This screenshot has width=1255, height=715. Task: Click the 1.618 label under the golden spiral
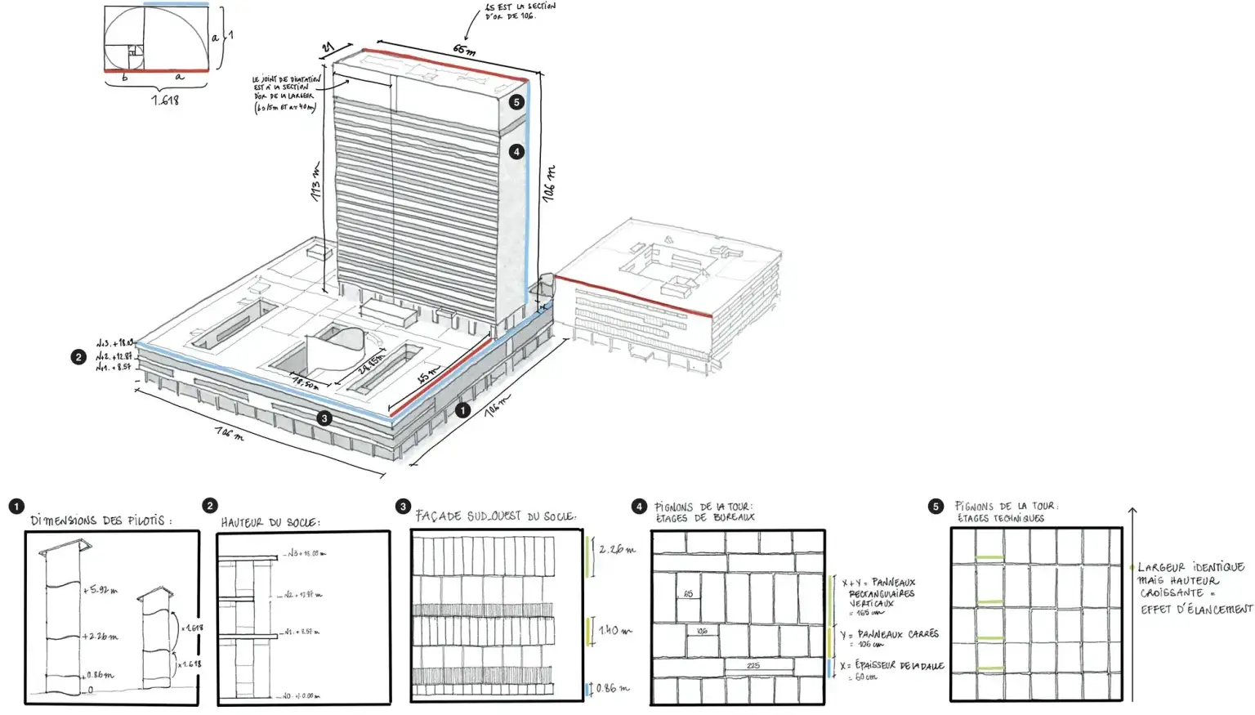[x=165, y=101]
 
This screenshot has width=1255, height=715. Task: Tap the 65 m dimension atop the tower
[x=464, y=50]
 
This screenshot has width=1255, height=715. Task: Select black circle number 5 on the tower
[x=516, y=102]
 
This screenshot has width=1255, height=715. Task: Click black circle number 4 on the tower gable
[x=516, y=151]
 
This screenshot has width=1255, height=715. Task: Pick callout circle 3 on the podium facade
[x=324, y=418]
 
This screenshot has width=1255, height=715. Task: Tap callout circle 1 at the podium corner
[x=462, y=409]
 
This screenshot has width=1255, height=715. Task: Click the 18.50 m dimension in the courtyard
[x=306, y=382]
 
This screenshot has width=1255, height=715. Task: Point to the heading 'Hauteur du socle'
[x=270, y=522]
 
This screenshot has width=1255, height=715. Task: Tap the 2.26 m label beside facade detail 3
[x=617, y=549]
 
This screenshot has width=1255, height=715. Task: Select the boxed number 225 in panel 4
[x=753, y=665]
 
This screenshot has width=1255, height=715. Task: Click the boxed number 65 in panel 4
[x=688, y=594]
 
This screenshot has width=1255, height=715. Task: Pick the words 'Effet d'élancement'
[x=1196, y=609]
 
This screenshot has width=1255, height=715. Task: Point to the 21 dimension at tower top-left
[x=328, y=48]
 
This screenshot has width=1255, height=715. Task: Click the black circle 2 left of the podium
[x=78, y=357]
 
